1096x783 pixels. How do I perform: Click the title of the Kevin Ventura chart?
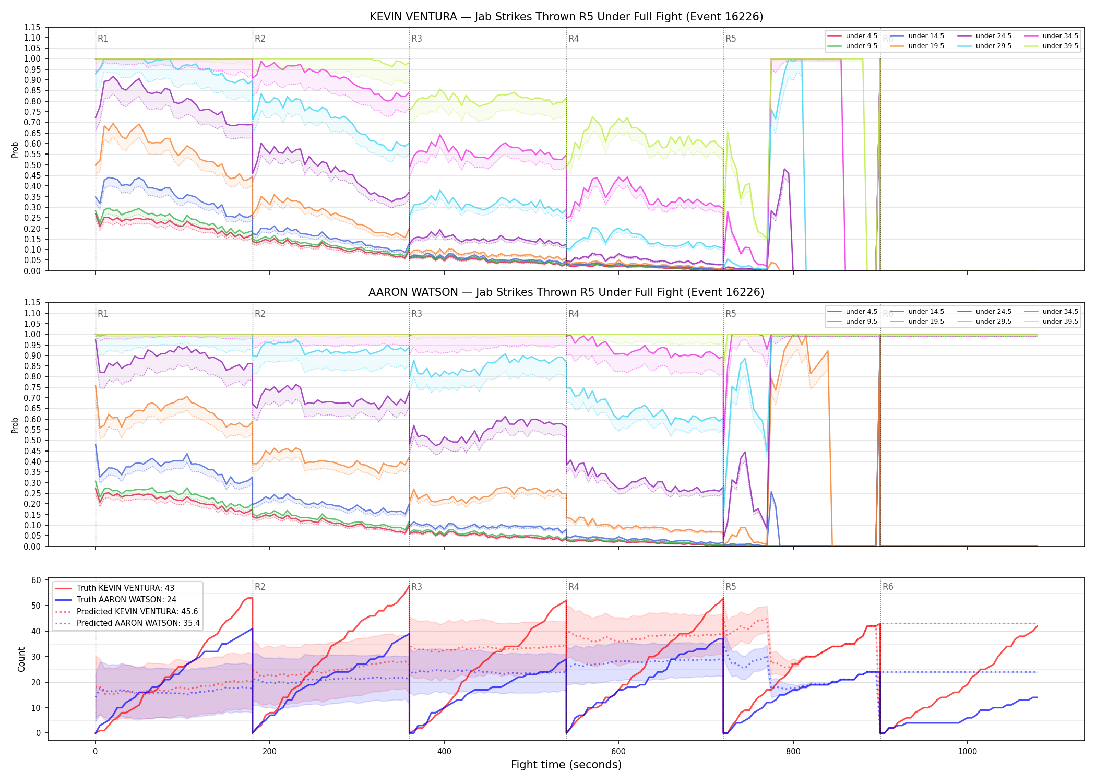click(x=566, y=17)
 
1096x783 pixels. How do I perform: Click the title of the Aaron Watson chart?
click(x=566, y=292)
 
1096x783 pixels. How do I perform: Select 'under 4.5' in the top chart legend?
click(x=862, y=36)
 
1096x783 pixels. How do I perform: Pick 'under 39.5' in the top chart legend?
click(x=1061, y=46)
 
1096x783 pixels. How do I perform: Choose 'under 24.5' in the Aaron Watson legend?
click(x=994, y=312)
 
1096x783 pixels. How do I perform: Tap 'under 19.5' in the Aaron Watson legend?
click(x=926, y=322)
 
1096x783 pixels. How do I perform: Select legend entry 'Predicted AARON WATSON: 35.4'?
click(x=138, y=623)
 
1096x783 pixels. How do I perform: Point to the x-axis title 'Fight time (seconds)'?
click(x=566, y=765)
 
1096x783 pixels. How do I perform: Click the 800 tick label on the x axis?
click(x=793, y=752)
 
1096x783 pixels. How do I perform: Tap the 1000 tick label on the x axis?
click(x=967, y=752)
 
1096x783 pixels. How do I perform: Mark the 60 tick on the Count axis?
click(x=36, y=580)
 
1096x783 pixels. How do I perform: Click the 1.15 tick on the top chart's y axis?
click(x=32, y=27)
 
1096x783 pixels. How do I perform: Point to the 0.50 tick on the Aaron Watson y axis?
click(x=32, y=441)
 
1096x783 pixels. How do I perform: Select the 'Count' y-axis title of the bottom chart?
click(x=21, y=659)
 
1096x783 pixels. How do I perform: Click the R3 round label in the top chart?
click(x=416, y=39)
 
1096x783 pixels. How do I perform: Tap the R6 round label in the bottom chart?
click(x=888, y=587)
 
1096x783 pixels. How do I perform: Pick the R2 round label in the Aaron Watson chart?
click(x=260, y=314)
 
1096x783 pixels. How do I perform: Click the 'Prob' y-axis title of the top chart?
click(x=15, y=150)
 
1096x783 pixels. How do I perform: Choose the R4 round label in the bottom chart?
click(x=574, y=587)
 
